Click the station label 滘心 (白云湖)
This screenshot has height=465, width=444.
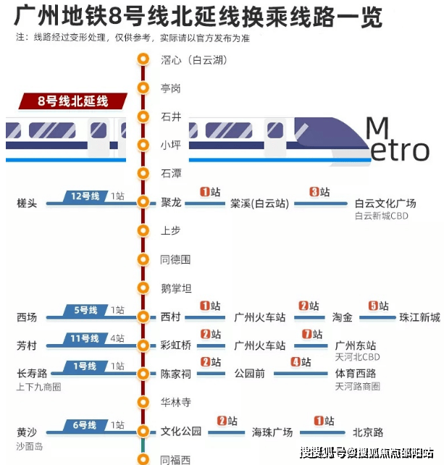193,60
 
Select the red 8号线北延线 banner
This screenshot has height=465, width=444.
72,101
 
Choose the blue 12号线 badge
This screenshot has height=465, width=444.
85,196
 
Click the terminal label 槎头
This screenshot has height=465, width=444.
27,204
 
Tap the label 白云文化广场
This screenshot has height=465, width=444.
385,204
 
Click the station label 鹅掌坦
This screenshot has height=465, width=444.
176,288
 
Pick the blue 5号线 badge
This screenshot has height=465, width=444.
85,310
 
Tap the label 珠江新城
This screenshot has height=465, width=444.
419,317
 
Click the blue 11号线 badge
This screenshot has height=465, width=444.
85,338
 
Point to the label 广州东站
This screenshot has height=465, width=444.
356,345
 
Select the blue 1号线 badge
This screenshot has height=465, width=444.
85,366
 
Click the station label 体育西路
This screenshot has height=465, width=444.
356,374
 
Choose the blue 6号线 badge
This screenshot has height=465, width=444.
85,425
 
